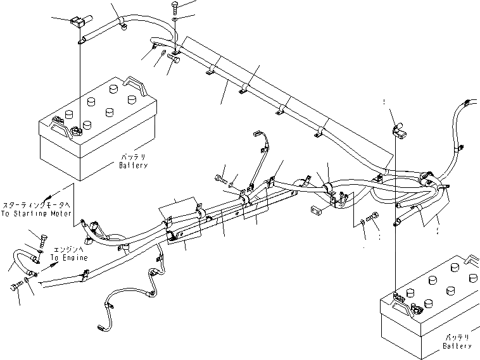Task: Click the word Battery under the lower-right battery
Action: pos(457,346)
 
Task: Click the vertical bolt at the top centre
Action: pos(174,8)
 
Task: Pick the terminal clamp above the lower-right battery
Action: pos(399,131)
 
